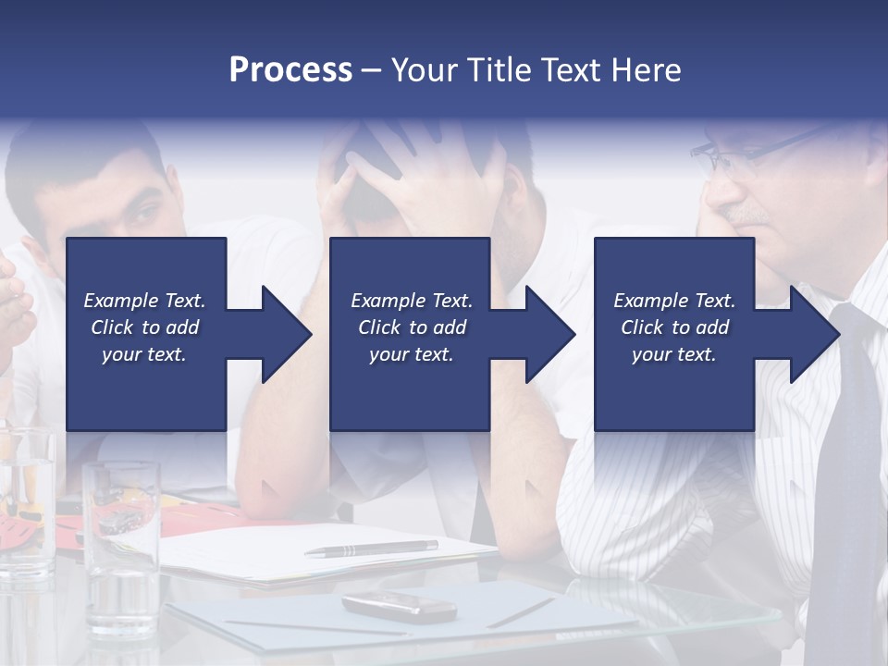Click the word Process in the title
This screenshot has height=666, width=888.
290,69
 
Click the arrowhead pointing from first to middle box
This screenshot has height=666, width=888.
287,334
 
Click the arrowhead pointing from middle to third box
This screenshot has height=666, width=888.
550,334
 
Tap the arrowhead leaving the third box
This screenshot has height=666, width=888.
815,334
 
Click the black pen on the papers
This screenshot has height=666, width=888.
370,549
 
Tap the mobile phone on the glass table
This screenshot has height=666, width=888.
400,606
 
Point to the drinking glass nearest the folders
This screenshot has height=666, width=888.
120,536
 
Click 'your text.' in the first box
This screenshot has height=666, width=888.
144,354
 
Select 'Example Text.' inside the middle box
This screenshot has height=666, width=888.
412,301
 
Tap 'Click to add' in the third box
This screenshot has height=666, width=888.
674,327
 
